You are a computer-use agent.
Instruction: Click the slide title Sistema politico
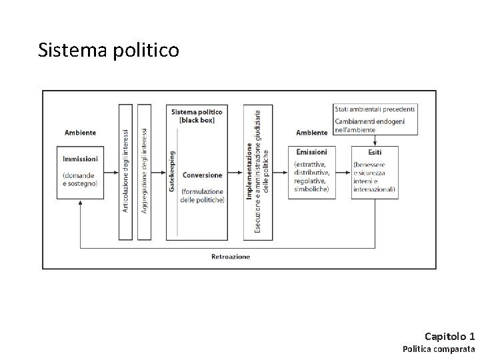[x=109, y=51]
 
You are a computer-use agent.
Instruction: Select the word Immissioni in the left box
[x=80, y=159]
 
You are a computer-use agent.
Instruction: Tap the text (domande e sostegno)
[x=80, y=179]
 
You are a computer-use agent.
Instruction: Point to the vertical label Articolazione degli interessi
[x=125, y=171]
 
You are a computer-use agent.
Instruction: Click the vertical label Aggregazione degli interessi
[x=145, y=171]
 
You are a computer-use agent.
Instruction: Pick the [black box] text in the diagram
[x=197, y=119]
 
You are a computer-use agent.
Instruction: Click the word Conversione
[x=202, y=175]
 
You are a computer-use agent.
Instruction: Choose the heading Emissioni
[x=311, y=152]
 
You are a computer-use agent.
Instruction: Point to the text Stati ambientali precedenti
[x=375, y=109]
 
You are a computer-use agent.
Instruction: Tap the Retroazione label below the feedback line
[x=231, y=256]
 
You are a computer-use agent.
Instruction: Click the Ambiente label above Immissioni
[x=80, y=133]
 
